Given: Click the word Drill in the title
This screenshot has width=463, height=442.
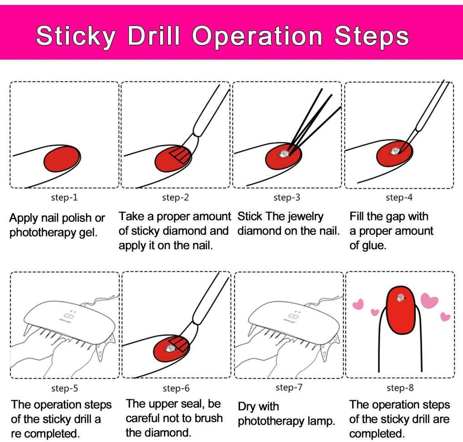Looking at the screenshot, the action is click(x=154, y=36).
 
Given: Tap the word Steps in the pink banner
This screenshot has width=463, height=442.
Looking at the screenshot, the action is click(x=371, y=37).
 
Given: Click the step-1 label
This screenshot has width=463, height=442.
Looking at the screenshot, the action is click(x=64, y=197).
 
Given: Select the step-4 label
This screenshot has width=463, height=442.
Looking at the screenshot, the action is click(x=399, y=197).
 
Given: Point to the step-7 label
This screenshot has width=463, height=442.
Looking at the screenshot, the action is click(x=289, y=387).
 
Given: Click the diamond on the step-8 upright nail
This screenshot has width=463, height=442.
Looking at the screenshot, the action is click(x=400, y=298).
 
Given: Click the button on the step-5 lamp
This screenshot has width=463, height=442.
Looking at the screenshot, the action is click(x=68, y=316).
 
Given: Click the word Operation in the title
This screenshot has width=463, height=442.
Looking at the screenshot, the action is click(x=257, y=37).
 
